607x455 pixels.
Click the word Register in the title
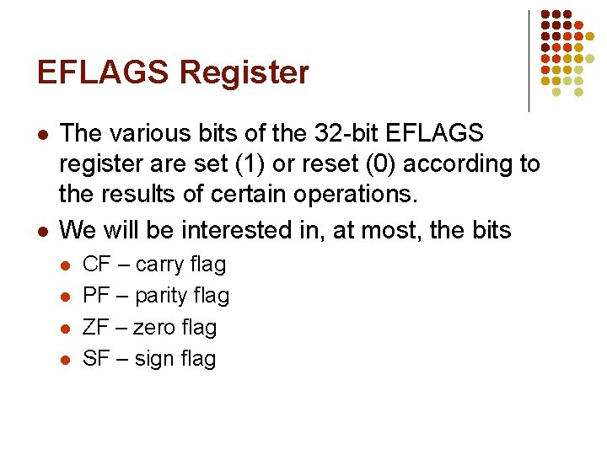(x=244, y=73)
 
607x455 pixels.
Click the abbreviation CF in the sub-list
(x=97, y=265)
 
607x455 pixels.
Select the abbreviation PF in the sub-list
(x=97, y=296)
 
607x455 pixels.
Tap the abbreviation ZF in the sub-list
(x=97, y=327)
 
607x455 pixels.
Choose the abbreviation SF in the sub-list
(x=97, y=358)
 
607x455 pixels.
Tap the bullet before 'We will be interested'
(x=42, y=230)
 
